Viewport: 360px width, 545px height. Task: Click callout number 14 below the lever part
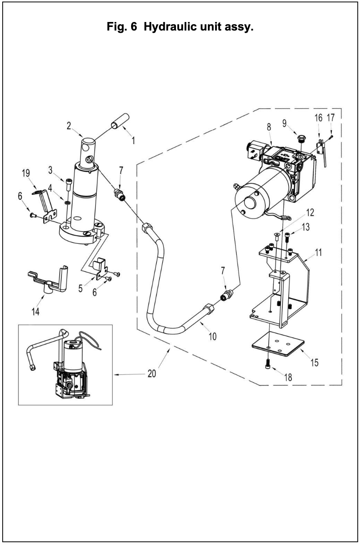pos(35,312)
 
